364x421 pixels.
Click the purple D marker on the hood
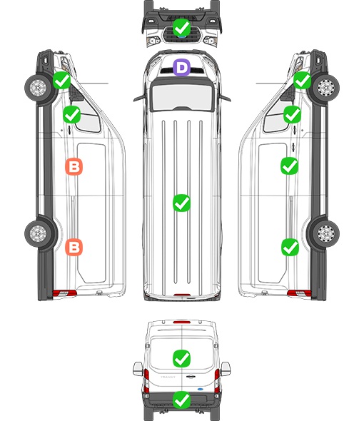coord(181,67)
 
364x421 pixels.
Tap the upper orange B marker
coord(74,167)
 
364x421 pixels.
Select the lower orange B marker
coord(74,247)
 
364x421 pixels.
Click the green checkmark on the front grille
coord(181,27)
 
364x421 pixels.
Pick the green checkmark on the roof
coord(181,203)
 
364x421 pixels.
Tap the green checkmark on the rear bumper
coord(181,400)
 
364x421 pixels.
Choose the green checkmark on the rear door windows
coord(181,358)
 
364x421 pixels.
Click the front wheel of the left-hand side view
coord(38,88)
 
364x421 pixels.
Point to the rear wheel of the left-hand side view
coord(38,233)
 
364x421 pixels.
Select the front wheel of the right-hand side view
coord(326,88)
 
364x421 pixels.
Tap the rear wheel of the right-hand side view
coord(326,233)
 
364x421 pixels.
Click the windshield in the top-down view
coord(182,96)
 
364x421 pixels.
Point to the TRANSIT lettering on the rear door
coord(168,377)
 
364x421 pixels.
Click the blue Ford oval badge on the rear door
coord(201,389)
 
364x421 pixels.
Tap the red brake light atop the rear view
coord(182,322)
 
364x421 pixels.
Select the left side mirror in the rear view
coord(138,369)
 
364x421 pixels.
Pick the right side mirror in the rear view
coord(226,369)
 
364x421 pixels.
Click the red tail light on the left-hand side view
coord(64,293)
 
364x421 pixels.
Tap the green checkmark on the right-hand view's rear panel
coord(290,247)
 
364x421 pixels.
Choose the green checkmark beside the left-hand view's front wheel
coord(61,81)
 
